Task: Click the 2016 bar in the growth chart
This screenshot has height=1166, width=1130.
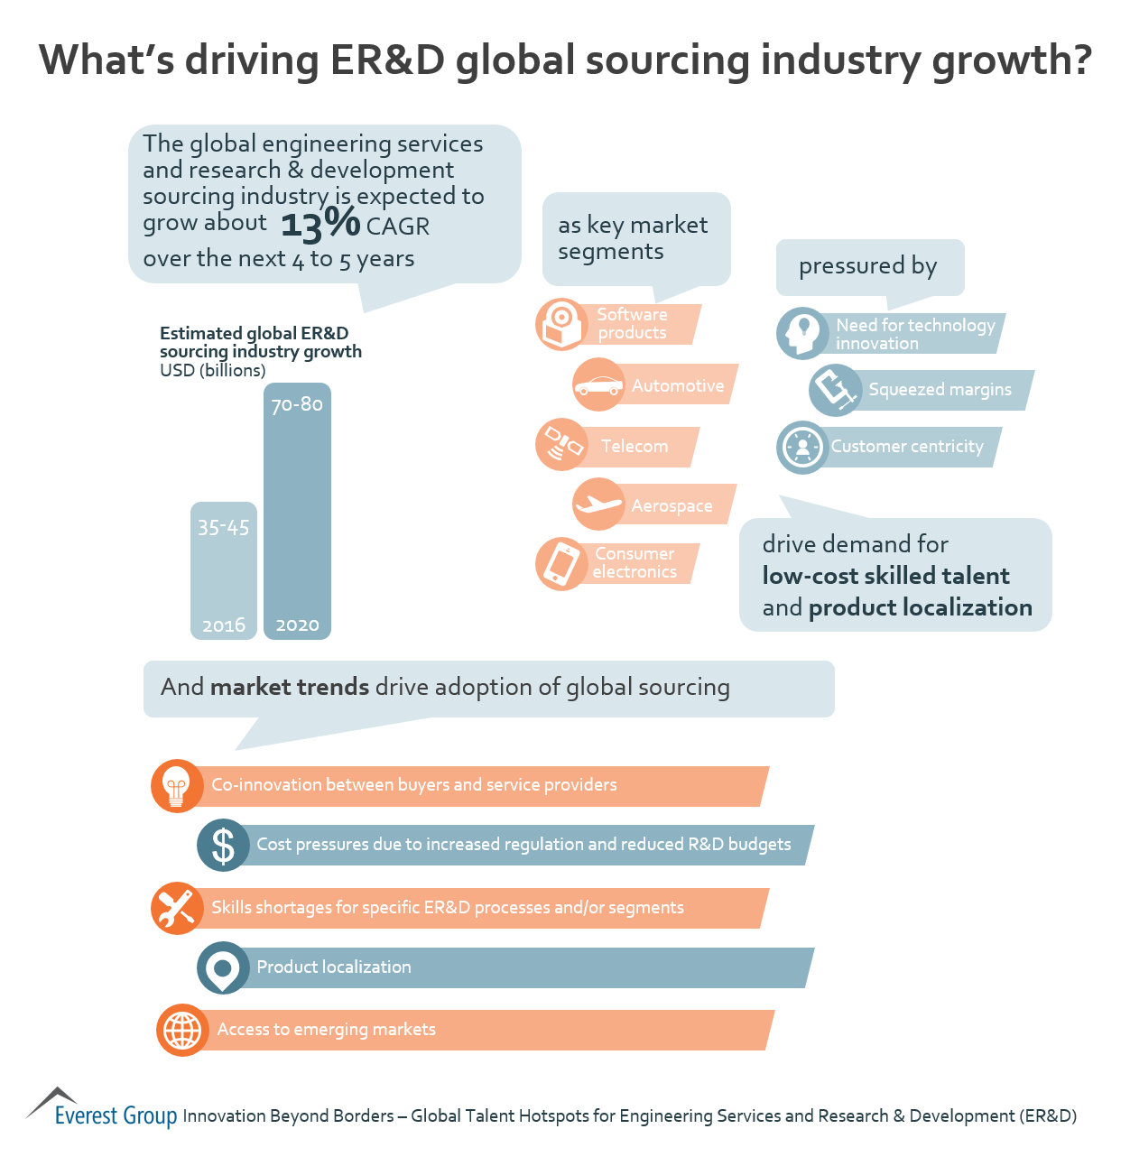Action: [x=223, y=570]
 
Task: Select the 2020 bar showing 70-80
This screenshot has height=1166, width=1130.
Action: [x=297, y=511]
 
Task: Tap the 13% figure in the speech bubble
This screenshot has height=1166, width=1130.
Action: [x=320, y=223]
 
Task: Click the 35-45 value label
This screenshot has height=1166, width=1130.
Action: [x=223, y=528]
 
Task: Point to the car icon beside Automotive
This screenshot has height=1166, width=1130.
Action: [x=598, y=385]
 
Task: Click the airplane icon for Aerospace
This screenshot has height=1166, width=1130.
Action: [x=598, y=504]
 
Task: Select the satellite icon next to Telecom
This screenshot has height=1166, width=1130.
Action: [x=561, y=445]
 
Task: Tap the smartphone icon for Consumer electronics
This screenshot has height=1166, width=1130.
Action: [x=561, y=564]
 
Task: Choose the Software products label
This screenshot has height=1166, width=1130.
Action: [x=632, y=324]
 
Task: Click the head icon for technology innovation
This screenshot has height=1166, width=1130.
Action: [x=801, y=334]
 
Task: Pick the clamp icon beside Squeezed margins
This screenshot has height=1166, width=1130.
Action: [x=836, y=390]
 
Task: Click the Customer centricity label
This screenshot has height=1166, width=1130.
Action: [x=906, y=447]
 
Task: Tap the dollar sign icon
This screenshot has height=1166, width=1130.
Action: [x=223, y=846]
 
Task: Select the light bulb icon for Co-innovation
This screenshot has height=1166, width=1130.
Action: [x=177, y=785]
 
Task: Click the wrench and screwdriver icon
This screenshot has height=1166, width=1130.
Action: [x=177, y=908]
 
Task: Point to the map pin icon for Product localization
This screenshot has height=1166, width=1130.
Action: [x=223, y=968]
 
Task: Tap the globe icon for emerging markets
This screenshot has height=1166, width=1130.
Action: [x=182, y=1030]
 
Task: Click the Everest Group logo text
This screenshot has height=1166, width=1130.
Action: [x=116, y=1115]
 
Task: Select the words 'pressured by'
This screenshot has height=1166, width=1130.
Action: [x=867, y=266]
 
